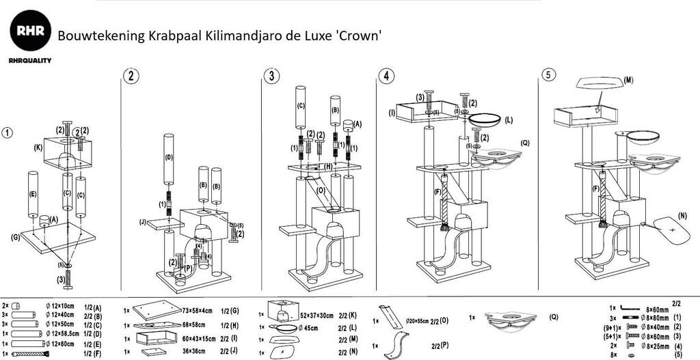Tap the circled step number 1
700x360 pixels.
(x=8, y=133)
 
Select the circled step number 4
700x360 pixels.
(x=388, y=76)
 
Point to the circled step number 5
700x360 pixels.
(x=548, y=74)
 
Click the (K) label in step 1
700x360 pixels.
(x=38, y=147)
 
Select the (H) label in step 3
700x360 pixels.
(x=329, y=166)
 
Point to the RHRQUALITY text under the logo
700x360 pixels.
(x=30, y=60)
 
